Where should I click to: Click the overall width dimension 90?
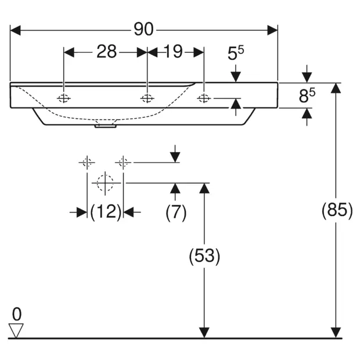click(143, 29)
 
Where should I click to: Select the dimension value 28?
click(106, 52)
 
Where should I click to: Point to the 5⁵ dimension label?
click(235, 55)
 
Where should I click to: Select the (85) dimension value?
click(337, 210)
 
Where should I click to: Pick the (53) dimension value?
click(204, 256)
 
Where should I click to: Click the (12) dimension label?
click(105, 213)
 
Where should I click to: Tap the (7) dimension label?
click(175, 213)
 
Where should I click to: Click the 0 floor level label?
click(16, 314)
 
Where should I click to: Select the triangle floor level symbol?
click(16, 330)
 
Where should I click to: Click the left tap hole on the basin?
click(64, 99)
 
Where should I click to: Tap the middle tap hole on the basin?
click(147, 99)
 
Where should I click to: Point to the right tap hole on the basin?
click(204, 99)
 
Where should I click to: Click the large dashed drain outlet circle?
click(105, 182)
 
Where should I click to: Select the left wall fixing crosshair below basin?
click(87, 162)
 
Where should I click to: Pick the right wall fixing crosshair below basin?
click(123, 162)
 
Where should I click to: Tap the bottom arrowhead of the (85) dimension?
click(336, 332)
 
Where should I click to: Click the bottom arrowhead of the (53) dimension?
click(204, 332)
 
